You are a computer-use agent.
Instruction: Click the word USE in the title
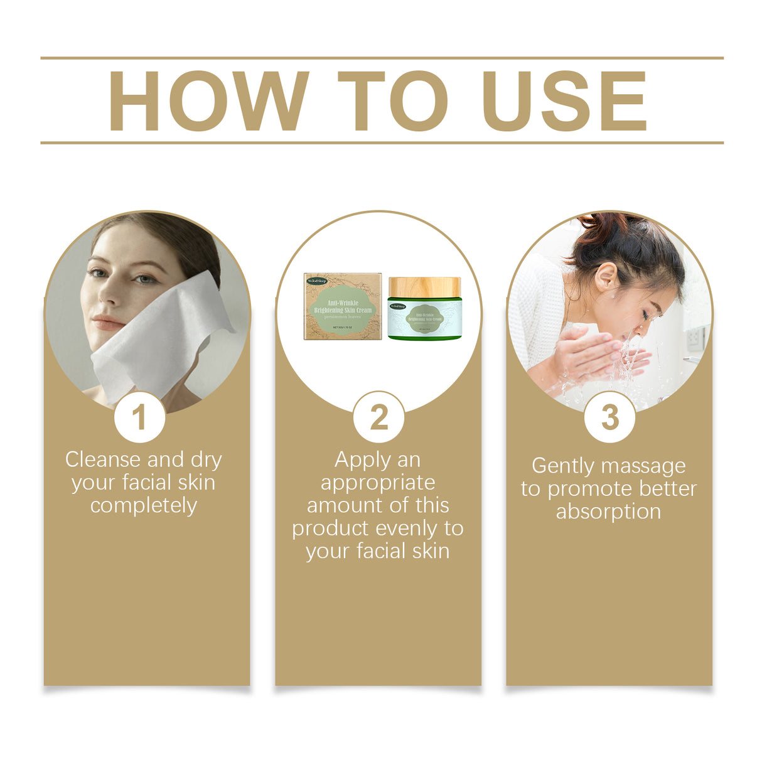point(564,101)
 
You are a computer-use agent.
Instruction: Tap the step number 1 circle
point(139,417)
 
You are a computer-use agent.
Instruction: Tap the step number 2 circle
point(378,417)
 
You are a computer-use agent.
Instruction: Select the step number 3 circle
point(609,417)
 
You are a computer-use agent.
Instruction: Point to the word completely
point(144,505)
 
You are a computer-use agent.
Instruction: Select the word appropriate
point(378,483)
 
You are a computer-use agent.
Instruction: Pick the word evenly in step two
point(408,529)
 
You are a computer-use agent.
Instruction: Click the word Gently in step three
point(561,466)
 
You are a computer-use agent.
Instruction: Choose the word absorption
point(608,512)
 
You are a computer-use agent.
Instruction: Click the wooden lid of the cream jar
point(424,287)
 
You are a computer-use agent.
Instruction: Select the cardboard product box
point(343,306)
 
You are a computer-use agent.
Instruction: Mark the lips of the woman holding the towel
point(108,323)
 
